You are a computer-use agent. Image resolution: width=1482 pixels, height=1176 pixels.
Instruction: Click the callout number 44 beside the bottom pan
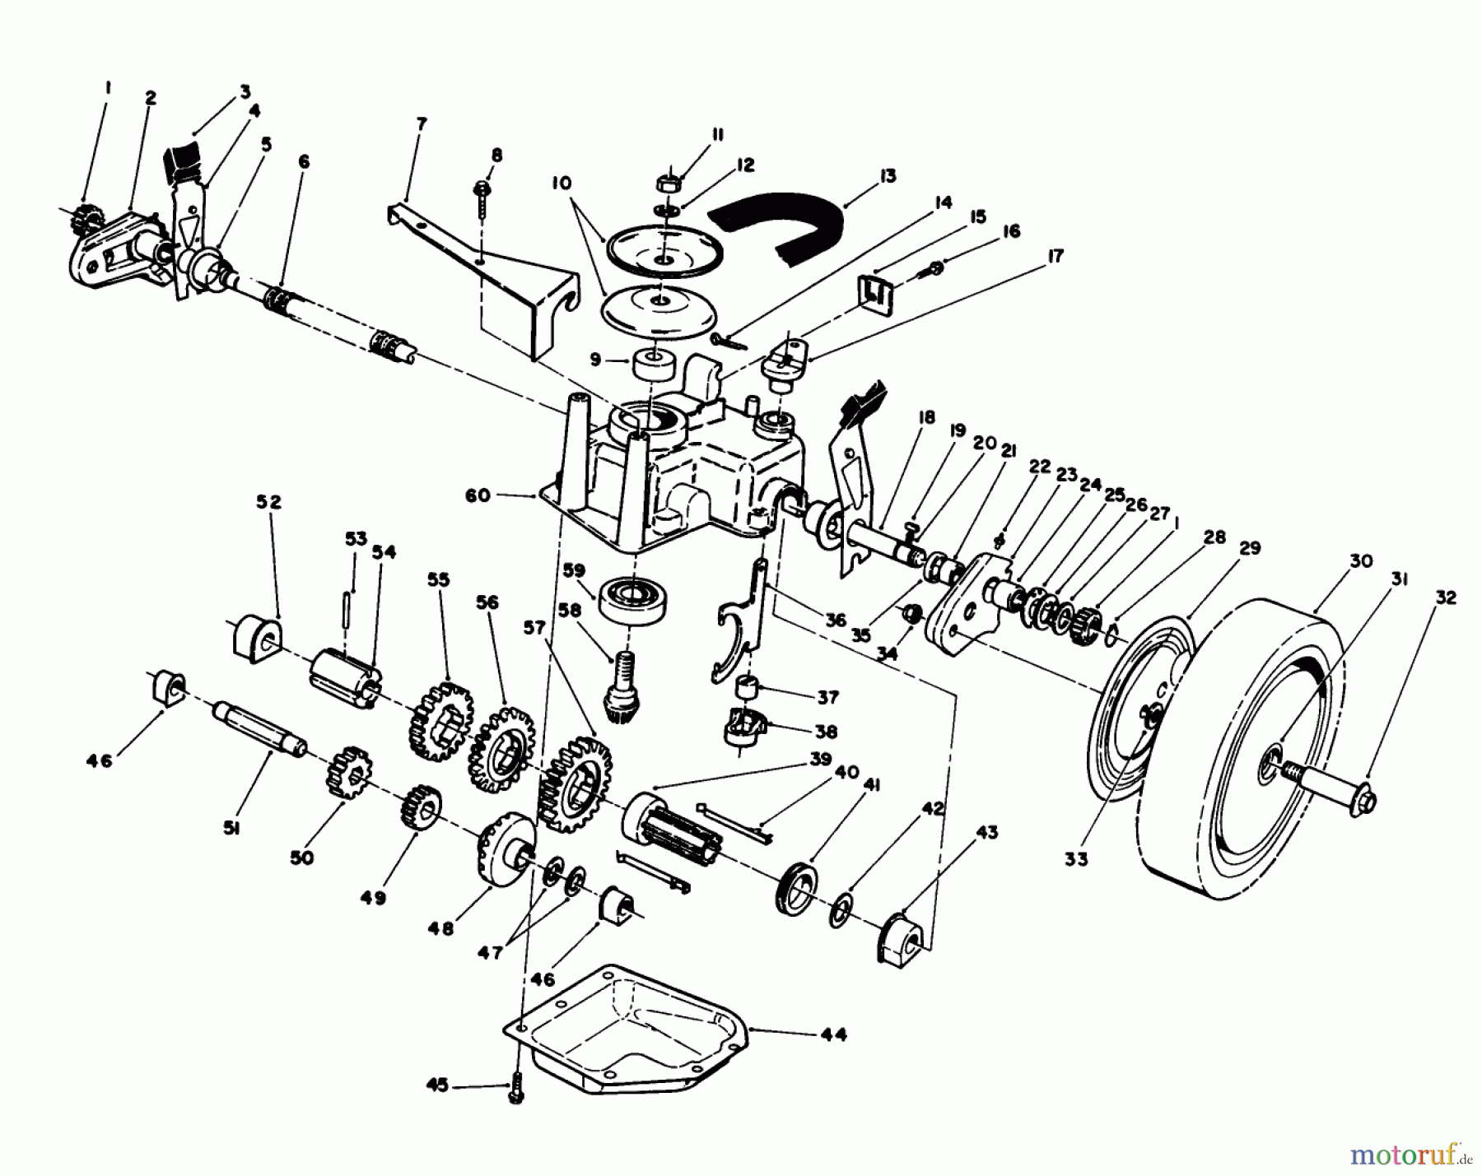(x=833, y=1034)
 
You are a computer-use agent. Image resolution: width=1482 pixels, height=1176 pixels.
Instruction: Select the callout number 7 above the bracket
(x=422, y=123)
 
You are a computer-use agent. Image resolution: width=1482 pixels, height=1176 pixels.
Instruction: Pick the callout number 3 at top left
(x=245, y=92)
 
